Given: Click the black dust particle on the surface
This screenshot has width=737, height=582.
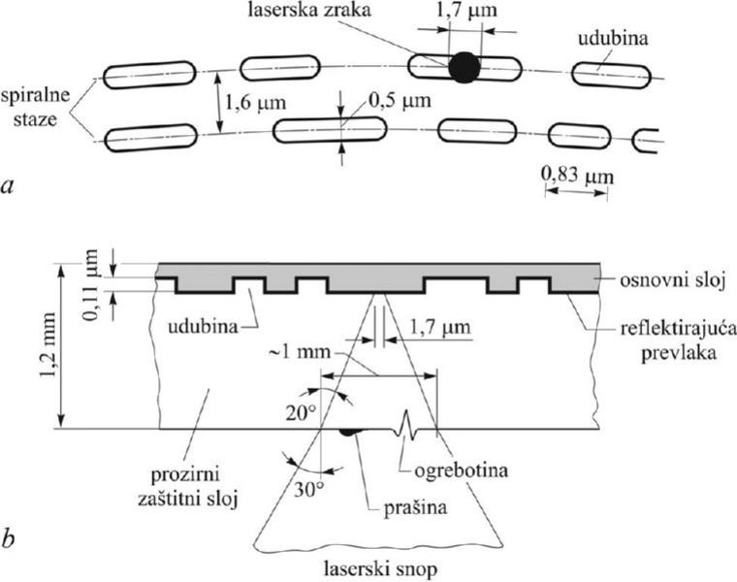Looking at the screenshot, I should (x=346, y=434).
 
